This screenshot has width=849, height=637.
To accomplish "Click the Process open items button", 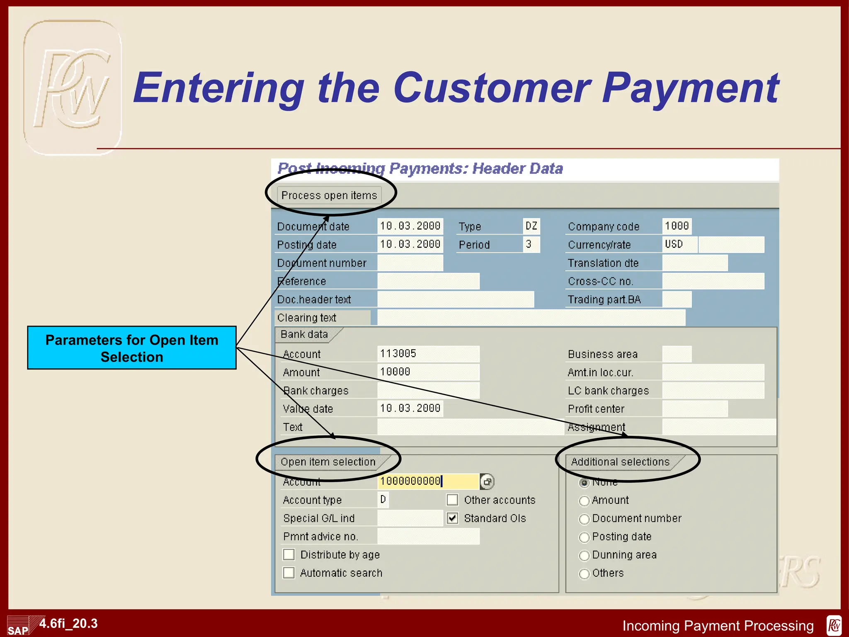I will [329, 195].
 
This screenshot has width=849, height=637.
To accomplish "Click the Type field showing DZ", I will [531, 226].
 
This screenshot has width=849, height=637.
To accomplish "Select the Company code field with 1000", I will [677, 226].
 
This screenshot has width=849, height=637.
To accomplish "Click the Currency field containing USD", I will [679, 244].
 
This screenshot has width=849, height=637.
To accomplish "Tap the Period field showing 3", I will [531, 244].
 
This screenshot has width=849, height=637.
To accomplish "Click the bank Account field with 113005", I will [428, 354].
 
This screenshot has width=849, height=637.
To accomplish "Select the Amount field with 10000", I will [428, 372].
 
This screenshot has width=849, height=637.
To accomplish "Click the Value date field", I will [410, 408].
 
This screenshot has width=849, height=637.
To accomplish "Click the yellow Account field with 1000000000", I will [428, 481].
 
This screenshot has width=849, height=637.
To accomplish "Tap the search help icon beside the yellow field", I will [487, 481].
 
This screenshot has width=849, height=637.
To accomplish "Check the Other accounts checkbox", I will [452, 500].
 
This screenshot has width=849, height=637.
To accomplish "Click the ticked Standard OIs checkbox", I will [452, 518].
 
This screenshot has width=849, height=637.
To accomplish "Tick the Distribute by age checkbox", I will [289, 554].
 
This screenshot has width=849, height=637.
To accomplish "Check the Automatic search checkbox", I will [289, 573].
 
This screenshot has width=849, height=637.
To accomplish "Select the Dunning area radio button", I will [584, 555].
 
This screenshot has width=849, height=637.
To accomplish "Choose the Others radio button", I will [584, 574].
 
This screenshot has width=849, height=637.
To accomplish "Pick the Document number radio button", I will [584, 519].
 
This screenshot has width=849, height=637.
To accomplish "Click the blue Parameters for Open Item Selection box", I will [132, 348].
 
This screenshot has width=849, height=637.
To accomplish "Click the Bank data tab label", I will [304, 334].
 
